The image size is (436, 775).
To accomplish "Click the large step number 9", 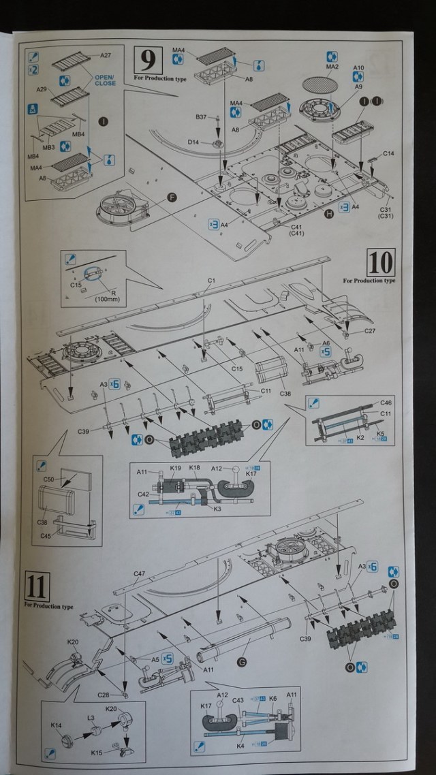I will point(149,61).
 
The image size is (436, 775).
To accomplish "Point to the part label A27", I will point(106,55).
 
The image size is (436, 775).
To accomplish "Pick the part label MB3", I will point(48,148).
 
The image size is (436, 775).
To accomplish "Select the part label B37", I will point(200,117).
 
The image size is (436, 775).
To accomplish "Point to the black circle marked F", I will point(172,197).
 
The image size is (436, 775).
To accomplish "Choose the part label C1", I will point(211,280).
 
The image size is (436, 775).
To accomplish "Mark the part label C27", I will point(370,331).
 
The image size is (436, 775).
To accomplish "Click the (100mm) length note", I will point(108,299).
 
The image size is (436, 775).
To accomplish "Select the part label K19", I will point(175,469).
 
